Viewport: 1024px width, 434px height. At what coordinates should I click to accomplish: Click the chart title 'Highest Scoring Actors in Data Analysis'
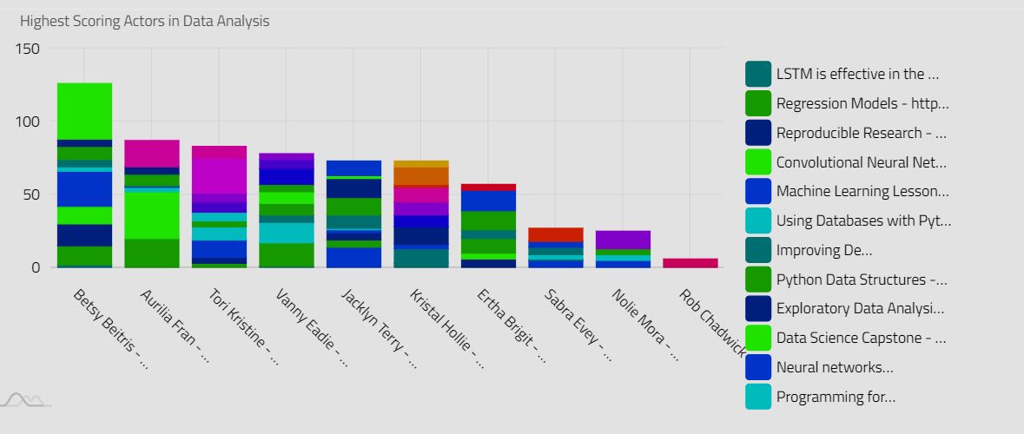pos(144,21)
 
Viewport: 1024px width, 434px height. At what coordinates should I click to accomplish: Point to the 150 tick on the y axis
pos(28,49)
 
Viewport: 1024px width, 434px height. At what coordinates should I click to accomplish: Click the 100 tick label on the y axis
pos(28,122)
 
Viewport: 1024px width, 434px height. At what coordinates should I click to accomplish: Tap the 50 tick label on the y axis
pos(31,194)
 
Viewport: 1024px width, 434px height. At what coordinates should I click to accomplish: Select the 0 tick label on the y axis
pos(35,267)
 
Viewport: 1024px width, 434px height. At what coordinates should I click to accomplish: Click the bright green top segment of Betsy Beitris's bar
pos(84,111)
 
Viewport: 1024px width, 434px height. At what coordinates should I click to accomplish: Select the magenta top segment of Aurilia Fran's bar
pos(152,153)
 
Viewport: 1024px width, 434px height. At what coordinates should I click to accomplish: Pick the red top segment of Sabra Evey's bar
pos(556,234)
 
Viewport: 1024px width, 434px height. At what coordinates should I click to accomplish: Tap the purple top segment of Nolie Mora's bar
pos(623,240)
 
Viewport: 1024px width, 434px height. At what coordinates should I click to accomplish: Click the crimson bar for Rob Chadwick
pos(690,262)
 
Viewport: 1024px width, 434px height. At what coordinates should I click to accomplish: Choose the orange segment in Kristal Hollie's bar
pos(420,176)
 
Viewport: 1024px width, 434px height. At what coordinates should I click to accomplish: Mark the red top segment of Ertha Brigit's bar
pos(488,187)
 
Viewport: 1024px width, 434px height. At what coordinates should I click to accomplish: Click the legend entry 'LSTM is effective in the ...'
pos(856,74)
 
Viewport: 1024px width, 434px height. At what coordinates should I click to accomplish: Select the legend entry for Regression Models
pos(862,103)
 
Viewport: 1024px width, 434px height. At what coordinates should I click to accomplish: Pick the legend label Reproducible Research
pos(861,133)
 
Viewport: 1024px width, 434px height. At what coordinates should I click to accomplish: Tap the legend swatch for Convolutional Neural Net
pos(758,162)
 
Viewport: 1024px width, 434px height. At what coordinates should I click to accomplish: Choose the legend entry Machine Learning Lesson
pos(862,191)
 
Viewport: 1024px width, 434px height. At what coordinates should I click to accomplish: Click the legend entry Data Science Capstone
pos(861,338)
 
